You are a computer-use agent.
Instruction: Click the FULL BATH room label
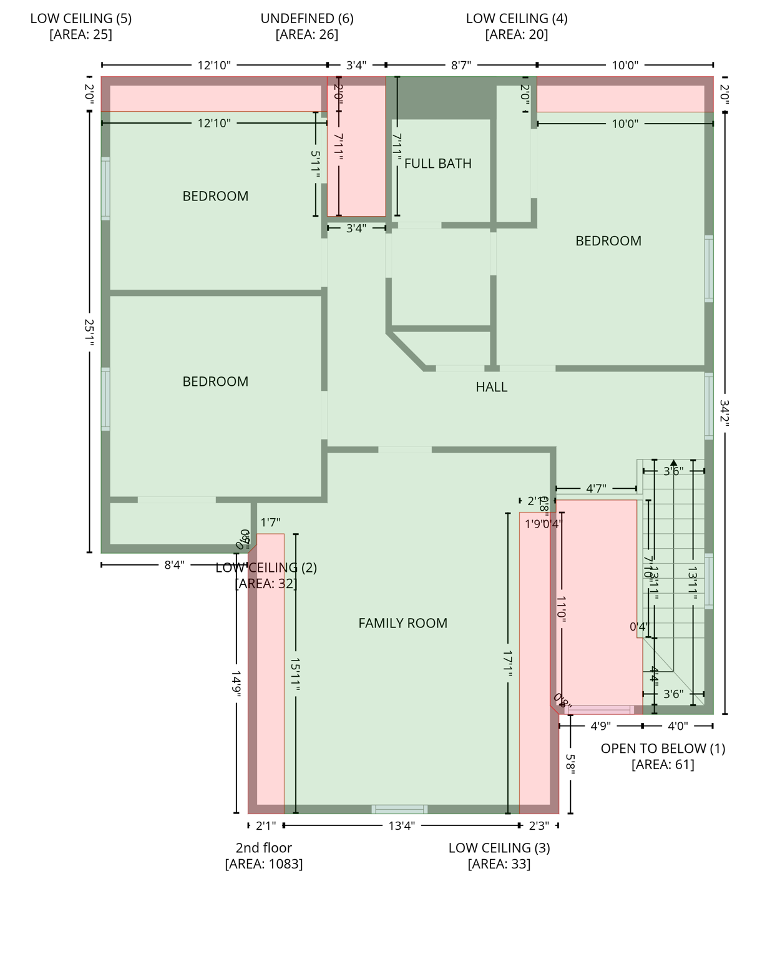coord(437,164)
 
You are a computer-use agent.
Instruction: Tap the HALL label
coord(491,387)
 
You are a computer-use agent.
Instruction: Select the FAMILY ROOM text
coord(402,623)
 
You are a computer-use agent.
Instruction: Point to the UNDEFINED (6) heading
coord(306,19)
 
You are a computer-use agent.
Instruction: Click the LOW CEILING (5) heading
coord(80,19)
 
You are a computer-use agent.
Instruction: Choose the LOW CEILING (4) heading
coord(516,19)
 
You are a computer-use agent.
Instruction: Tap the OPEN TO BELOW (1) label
coord(663,749)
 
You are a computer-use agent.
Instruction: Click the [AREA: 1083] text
coord(263,864)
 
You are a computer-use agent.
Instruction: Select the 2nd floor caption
coord(263,848)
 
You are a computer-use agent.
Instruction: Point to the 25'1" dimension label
coord(89,333)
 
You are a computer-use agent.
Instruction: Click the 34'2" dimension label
coord(724,413)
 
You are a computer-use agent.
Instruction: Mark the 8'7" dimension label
coord(461,65)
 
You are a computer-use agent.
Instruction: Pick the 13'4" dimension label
coord(401,826)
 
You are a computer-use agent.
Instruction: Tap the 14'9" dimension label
coord(236,684)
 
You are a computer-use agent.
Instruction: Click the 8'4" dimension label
coord(174,565)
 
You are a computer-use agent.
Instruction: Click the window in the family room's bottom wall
coord(399,810)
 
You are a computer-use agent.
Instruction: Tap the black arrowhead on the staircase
coord(673,463)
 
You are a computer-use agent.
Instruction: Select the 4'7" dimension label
coord(595,489)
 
